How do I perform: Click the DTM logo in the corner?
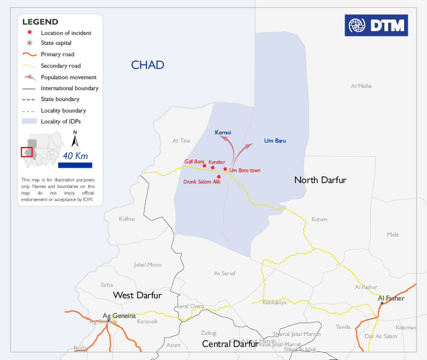point(376,25)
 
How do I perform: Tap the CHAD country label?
point(147,65)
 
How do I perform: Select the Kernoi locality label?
point(223,132)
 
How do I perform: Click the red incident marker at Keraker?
point(213,168)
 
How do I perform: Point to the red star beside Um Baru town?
point(225,169)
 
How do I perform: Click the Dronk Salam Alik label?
point(201,181)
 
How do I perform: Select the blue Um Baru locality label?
point(275,140)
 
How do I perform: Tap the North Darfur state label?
point(320,180)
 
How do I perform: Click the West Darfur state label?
point(137,295)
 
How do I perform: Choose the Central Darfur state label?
point(230,344)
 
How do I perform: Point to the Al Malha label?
point(361,86)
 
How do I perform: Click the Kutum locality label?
point(319,219)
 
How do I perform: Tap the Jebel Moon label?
point(147,264)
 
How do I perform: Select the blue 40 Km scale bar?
point(75,165)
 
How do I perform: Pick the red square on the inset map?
point(26,152)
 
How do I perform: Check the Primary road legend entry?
point(57,55)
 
